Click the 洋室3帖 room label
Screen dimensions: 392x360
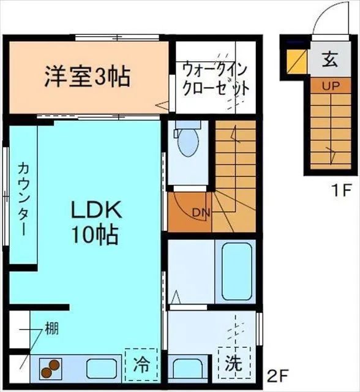coord(86,77)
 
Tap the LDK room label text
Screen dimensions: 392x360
coord(97,210)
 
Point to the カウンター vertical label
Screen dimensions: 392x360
coord(23,198)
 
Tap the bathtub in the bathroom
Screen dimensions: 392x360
coord(237,271)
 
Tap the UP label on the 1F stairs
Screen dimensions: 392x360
coord(331,86)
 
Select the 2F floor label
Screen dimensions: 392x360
coord(277,373)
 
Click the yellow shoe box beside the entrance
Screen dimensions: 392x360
coord(297,62)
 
